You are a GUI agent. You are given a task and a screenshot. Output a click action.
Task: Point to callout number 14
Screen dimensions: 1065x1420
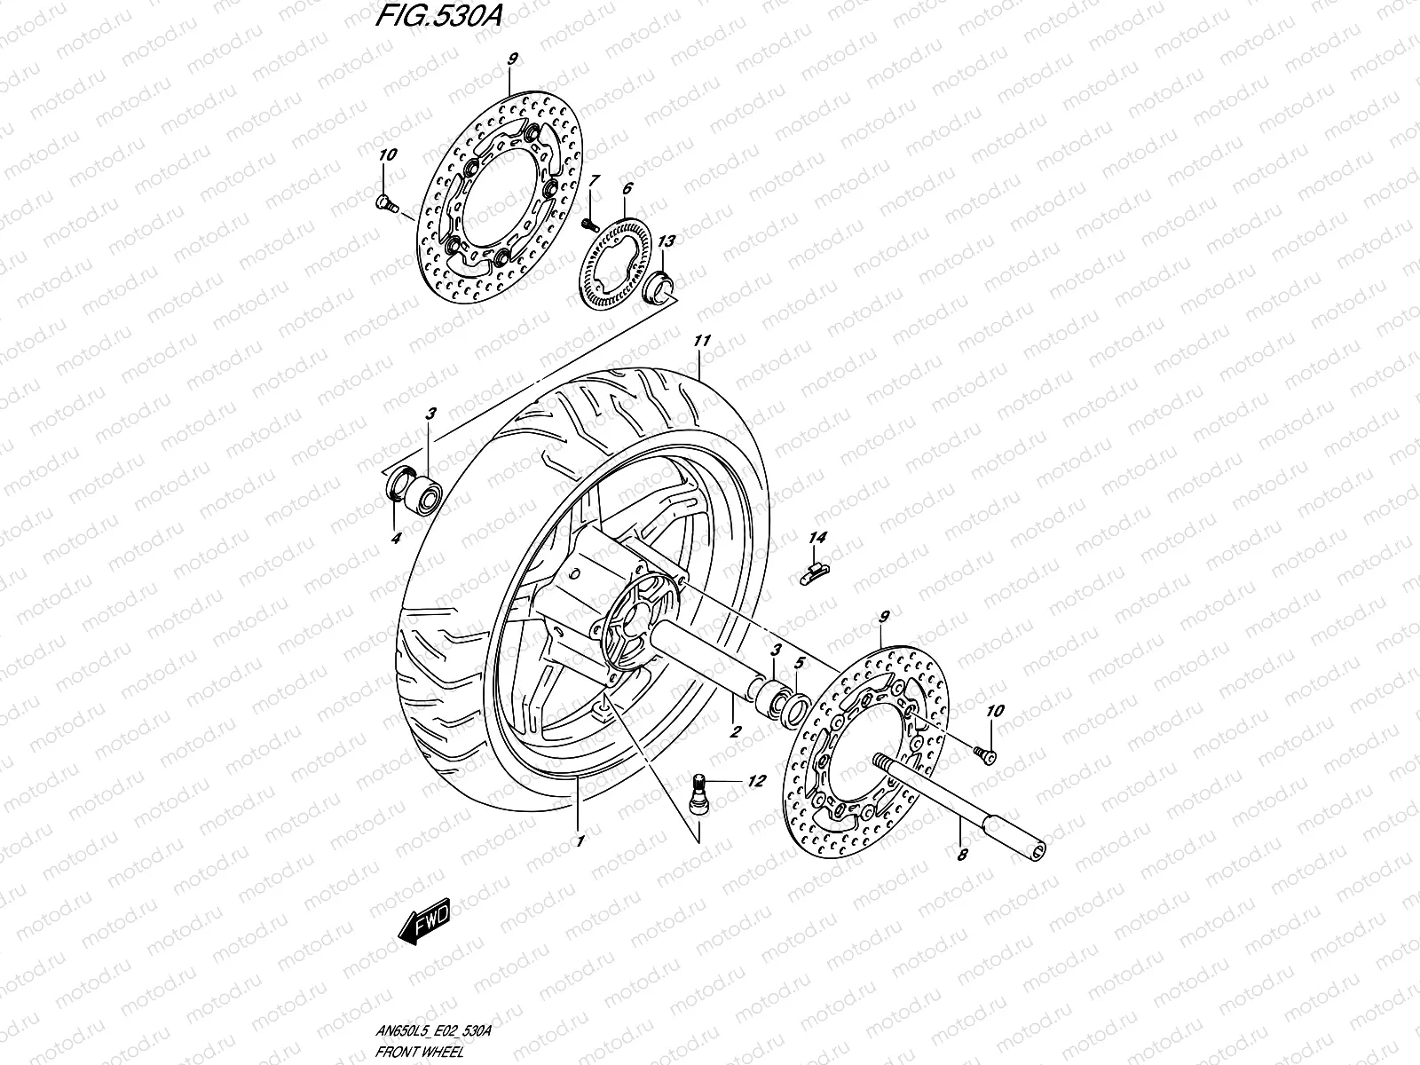point(817,538)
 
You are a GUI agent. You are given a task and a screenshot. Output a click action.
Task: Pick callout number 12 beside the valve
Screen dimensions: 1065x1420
point(756,782)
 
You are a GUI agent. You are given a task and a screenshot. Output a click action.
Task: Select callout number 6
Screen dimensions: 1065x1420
point(627,189)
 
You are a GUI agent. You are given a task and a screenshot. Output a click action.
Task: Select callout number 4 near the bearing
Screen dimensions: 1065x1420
point(396,538)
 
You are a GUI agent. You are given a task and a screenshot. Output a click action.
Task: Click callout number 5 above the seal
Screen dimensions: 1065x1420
point(799,662)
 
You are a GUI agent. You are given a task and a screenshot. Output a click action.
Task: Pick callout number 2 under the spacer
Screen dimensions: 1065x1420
point(735,732)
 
